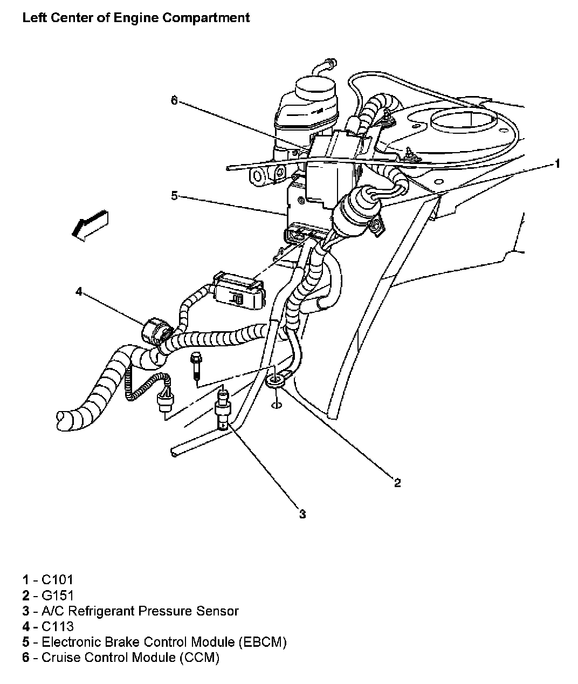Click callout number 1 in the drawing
558,163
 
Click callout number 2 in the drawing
397,483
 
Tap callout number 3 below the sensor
302,514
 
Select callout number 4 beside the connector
79,292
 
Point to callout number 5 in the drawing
174,195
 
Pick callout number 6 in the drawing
174,100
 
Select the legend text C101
57,580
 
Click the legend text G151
58,596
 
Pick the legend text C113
58,626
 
